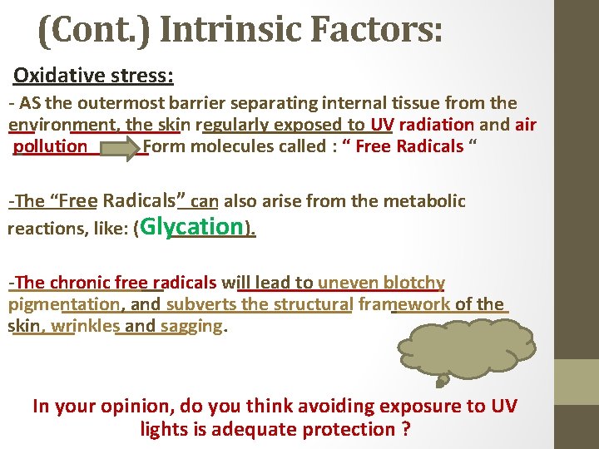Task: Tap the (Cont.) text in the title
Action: tap(94, 31)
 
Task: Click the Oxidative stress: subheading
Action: tap(93, 76)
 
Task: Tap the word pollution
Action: tap(51, 146)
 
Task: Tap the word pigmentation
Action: tap(64, 304)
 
